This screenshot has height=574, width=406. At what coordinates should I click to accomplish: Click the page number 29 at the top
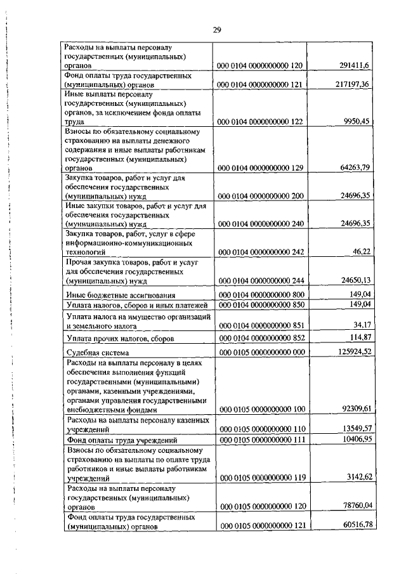216,29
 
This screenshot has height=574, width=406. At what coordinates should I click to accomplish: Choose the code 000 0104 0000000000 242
261,270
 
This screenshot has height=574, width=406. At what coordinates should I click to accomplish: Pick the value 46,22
360,270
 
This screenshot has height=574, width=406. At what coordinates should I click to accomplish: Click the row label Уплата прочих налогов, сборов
119,339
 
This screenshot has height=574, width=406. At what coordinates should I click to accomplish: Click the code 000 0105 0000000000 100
261,410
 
